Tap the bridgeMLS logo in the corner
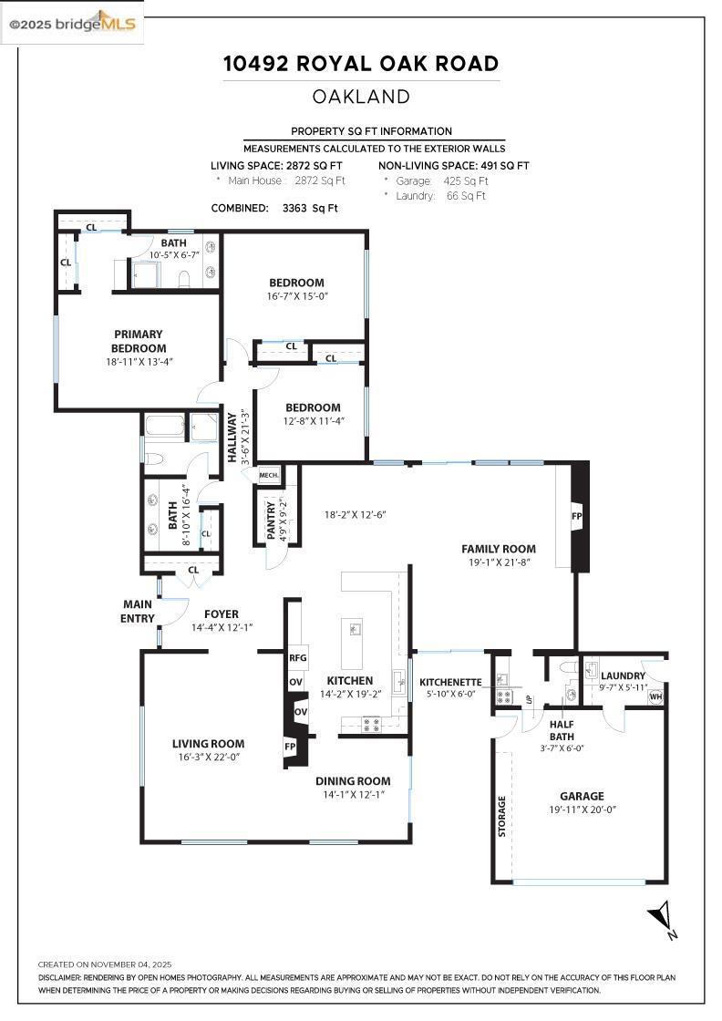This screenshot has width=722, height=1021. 72,25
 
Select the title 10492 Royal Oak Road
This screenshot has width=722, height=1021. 361,64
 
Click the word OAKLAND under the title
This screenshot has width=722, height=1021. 361,97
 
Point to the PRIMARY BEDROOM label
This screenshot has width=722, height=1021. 139,341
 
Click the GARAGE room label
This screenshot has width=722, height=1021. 582,796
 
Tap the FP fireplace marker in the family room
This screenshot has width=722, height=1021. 576,516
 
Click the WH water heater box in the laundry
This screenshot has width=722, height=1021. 655,697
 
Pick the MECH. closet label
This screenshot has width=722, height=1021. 269,475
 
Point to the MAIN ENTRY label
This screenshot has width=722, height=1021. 139,611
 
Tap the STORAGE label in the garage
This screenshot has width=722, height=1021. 501,817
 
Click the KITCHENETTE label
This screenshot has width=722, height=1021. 450,682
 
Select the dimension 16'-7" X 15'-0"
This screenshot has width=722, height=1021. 296,296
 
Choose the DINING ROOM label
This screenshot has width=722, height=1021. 353,781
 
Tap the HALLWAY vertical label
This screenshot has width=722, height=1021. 232,438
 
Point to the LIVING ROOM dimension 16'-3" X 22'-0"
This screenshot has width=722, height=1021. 208,757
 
